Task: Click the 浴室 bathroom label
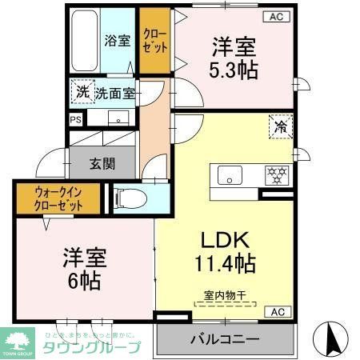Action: click(118, 41)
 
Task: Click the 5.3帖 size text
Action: click(234, 70)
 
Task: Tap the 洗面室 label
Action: click(115, 93)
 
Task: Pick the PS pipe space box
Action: click(76, 120)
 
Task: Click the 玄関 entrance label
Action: click(102, 164)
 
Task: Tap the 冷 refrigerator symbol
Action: click(281, 126)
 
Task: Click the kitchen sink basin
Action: click(230, 176)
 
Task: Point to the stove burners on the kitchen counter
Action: click(276, 173)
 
